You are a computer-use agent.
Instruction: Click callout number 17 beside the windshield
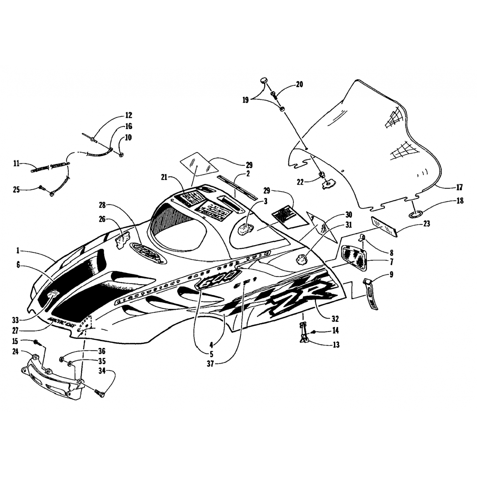460,188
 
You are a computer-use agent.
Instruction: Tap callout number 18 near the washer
460,201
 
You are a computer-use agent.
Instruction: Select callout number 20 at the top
299,84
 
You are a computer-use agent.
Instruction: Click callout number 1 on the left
18,251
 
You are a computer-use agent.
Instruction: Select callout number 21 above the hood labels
164,177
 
